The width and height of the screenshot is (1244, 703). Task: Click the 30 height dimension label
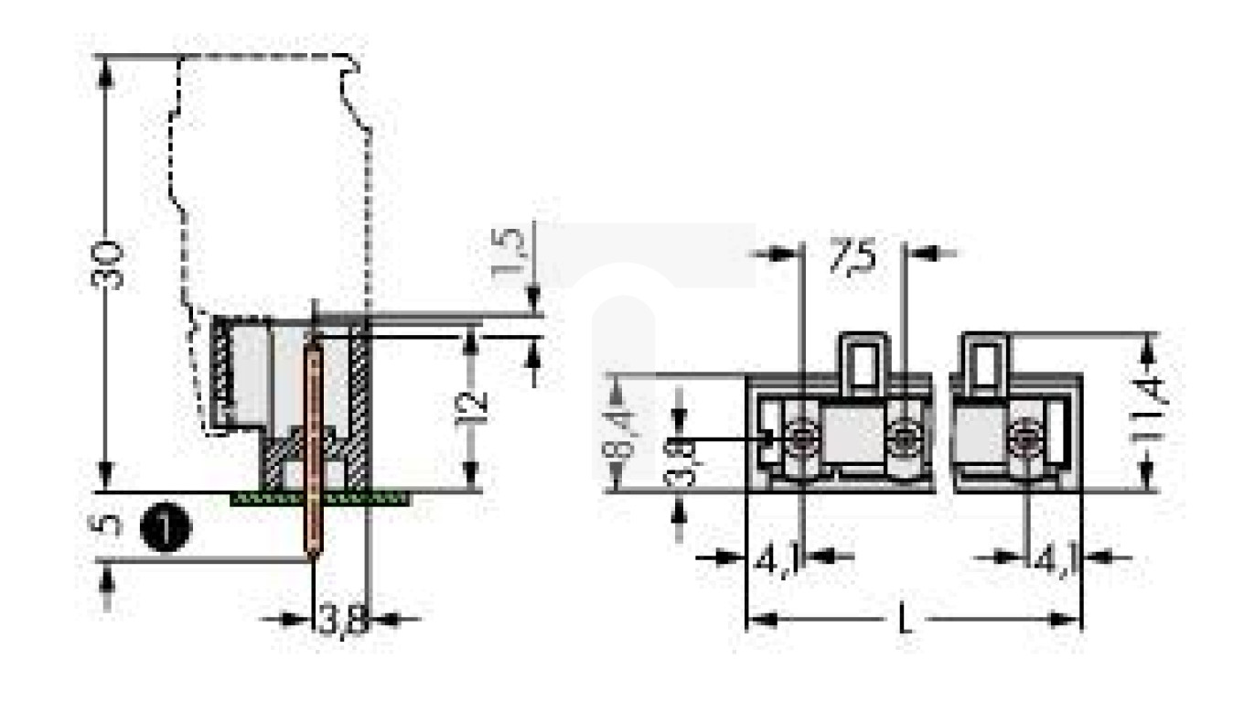point(107,265)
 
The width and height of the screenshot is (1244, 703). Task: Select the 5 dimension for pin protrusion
point(107,525)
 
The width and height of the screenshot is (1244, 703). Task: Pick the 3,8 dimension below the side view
point(343,620)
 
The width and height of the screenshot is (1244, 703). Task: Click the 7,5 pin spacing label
point(852,255)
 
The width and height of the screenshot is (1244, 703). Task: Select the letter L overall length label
point(906,621)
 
